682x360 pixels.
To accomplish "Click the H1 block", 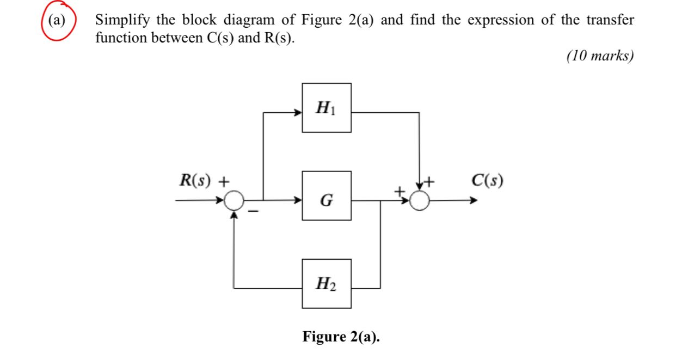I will tap(327, 108).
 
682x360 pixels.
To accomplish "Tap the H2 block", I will tap(327, 283).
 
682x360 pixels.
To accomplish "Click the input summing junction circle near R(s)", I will tap(235, 201).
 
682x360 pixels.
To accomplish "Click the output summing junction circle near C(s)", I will tap(419, 201).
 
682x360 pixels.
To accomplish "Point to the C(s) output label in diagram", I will tap(487, 180).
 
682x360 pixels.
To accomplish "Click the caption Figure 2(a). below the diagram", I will tap(341, 337).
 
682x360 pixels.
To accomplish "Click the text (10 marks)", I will tap(600, 56).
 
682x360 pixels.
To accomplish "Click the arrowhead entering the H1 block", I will tap(299, 113).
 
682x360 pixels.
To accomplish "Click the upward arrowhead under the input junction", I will tap(235, 214).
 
